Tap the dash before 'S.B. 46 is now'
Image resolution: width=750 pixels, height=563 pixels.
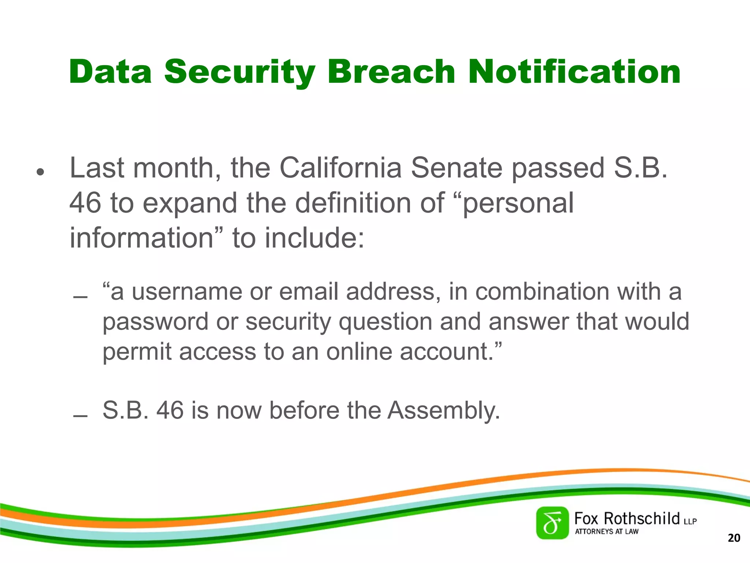80,416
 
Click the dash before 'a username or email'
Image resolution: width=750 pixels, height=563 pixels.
80,297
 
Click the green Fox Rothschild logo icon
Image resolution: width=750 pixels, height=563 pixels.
552,523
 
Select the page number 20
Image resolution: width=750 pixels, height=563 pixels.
734,538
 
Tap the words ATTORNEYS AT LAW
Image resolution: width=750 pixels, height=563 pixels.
606,531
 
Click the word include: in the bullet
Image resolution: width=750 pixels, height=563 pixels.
315,238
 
